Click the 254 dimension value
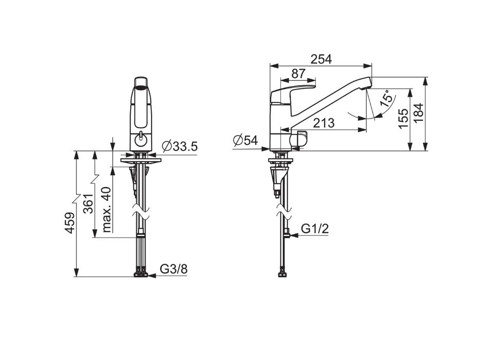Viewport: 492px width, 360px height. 321,59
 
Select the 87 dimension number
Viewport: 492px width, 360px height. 298,74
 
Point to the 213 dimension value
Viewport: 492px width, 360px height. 324,123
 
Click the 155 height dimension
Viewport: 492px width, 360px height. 403,118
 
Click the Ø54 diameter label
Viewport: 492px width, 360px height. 245,140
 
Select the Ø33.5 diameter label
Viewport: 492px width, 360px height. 180,146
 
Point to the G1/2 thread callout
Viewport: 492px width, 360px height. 315,229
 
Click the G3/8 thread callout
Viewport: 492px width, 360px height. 174,269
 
